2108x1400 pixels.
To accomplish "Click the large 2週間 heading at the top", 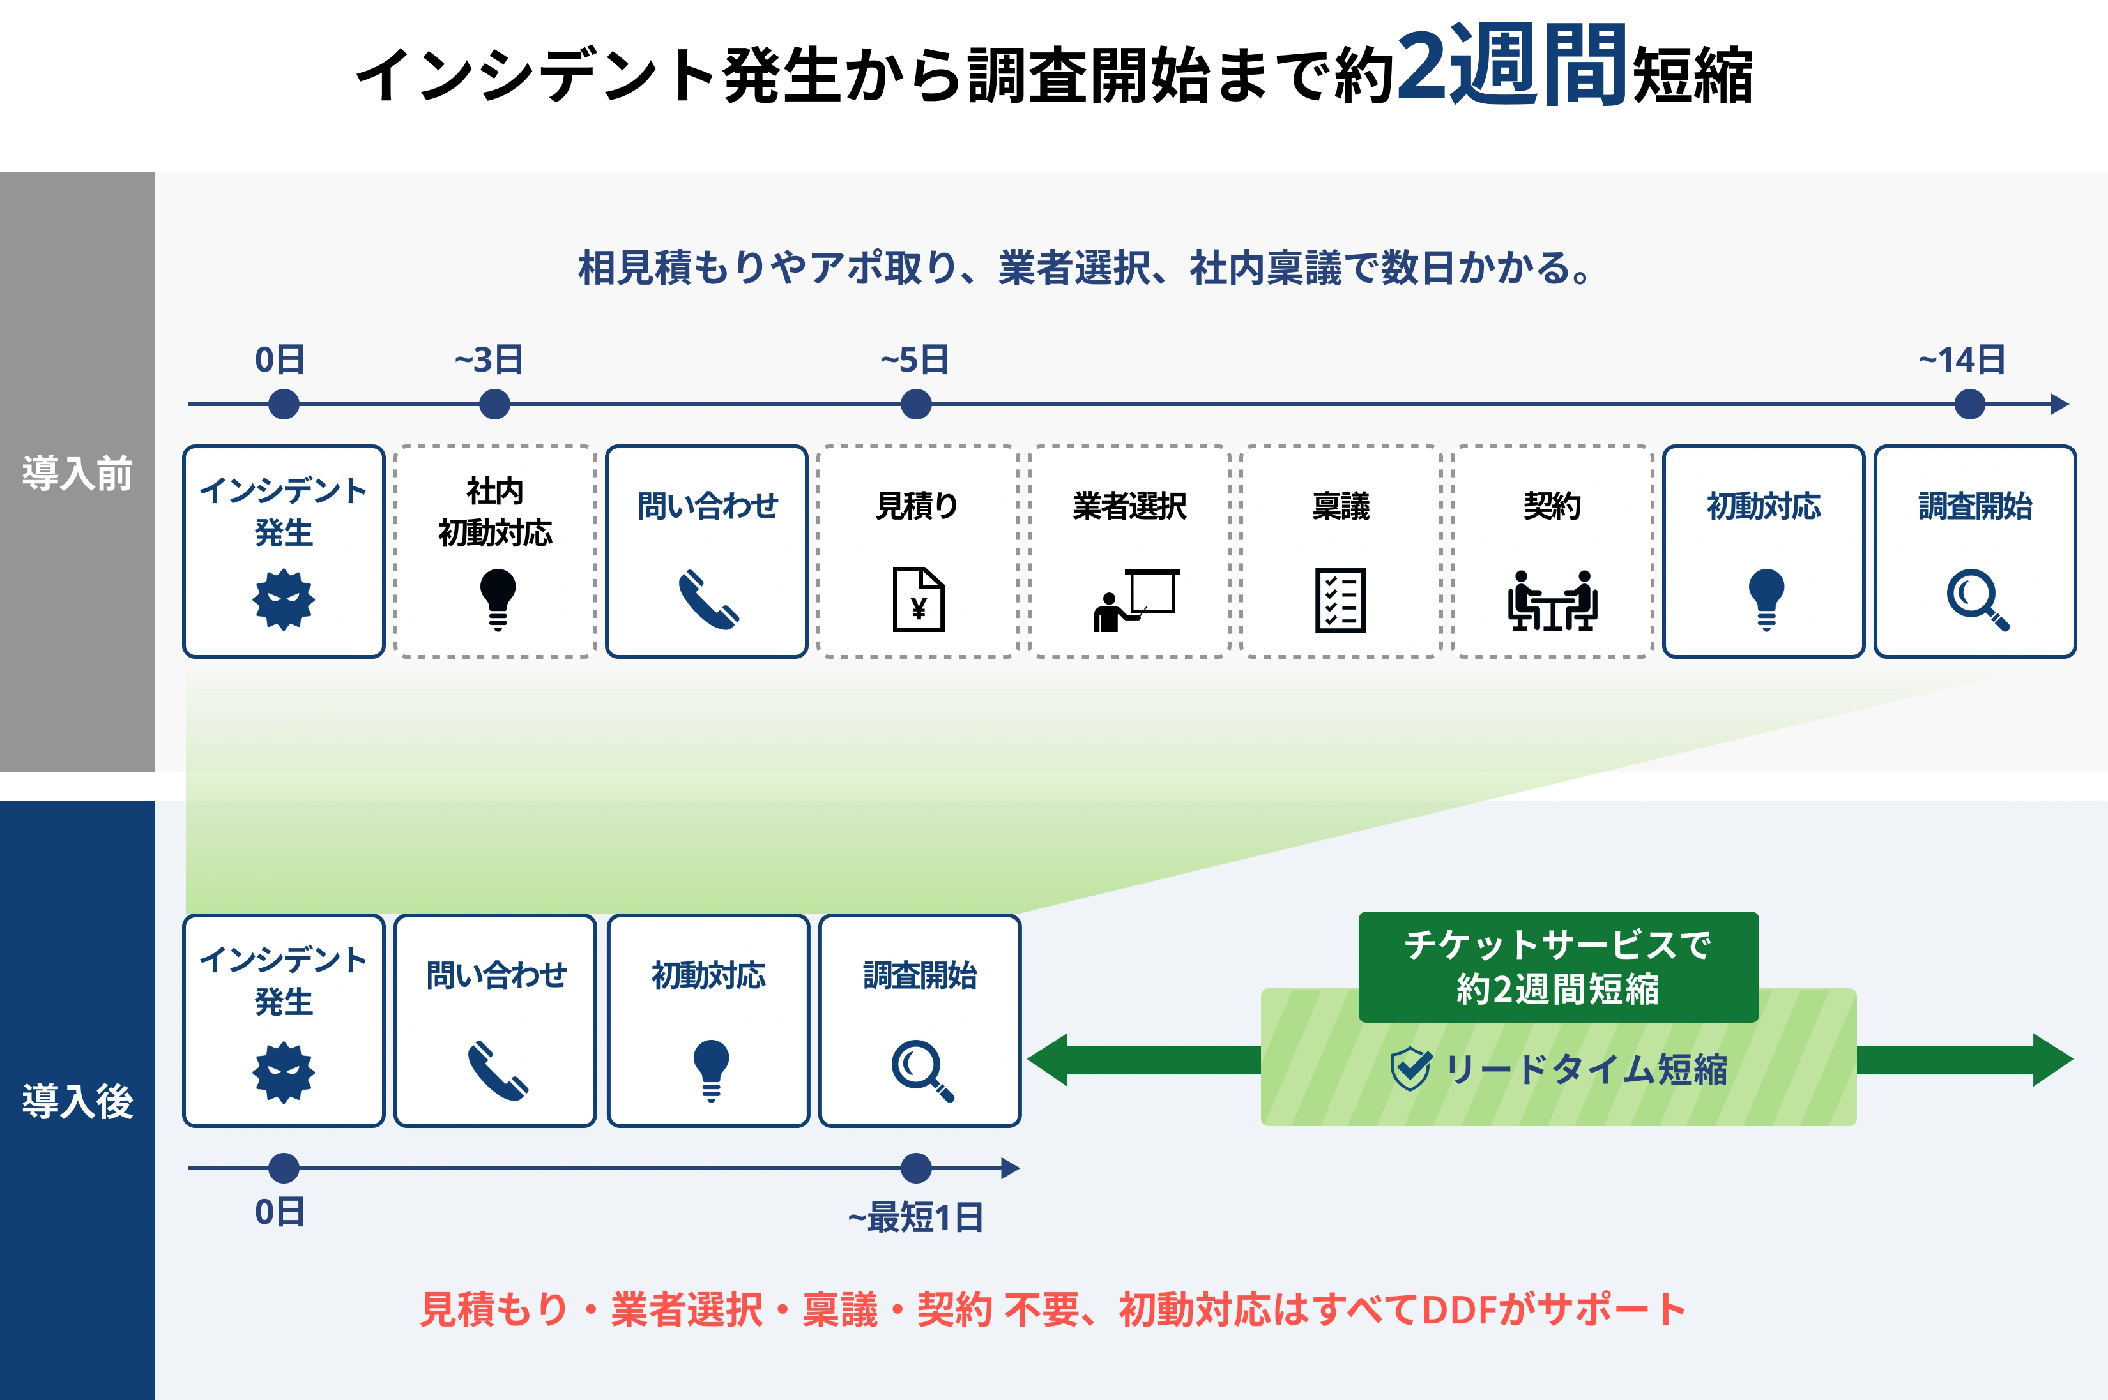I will click(1509, 64).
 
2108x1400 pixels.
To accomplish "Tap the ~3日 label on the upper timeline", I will click(489, 360).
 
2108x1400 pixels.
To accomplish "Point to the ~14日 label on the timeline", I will click(1962, 360).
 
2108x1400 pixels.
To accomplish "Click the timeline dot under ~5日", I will click(915, 405).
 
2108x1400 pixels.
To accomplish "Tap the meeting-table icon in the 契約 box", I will click(1552, 601).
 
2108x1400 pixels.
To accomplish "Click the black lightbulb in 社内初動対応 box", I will click(498, 599).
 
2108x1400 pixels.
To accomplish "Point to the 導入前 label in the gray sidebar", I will click(78, 473).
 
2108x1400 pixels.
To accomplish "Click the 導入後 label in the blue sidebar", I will click(78, 1101).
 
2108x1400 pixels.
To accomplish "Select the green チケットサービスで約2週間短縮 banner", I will click(1558, 966).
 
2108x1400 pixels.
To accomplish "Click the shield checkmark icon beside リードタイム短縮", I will click(1411, 1069).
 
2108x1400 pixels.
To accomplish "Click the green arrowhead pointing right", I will click(2052, 1060).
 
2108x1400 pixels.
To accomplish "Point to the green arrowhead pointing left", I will click(1048, 1060).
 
